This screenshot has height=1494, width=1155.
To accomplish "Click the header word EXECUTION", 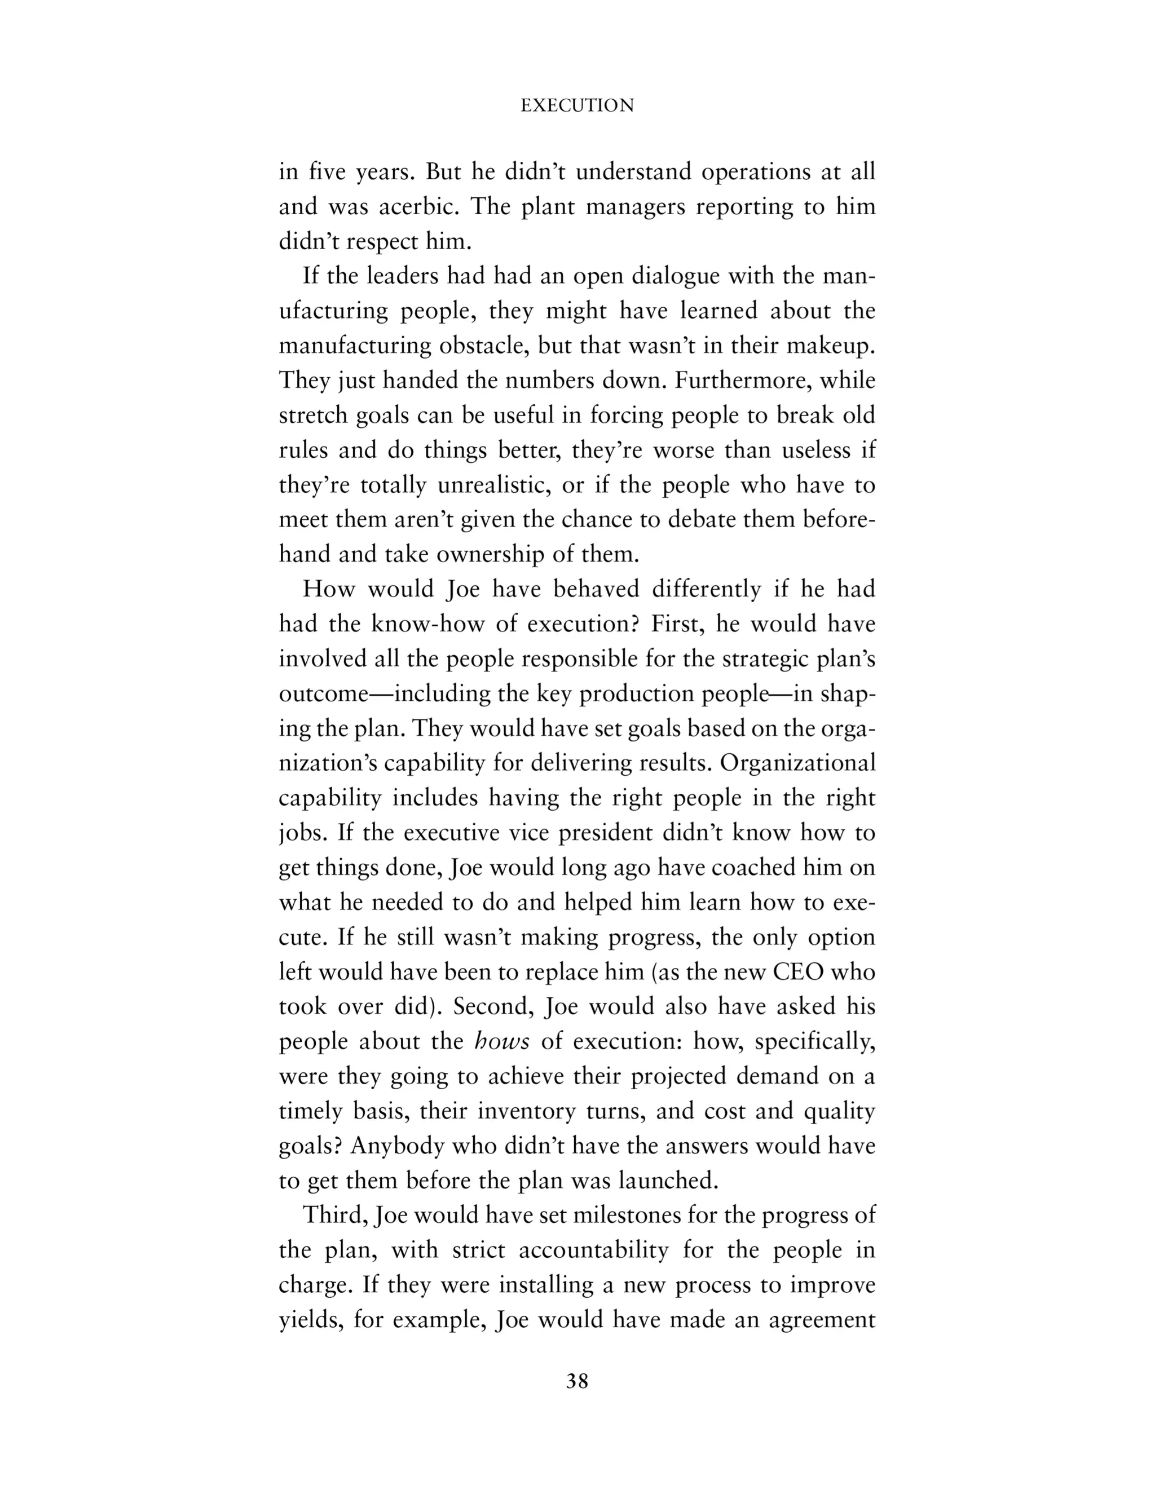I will [x=577, y=105].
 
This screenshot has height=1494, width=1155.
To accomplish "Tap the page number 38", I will [x=577, y=1381].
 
